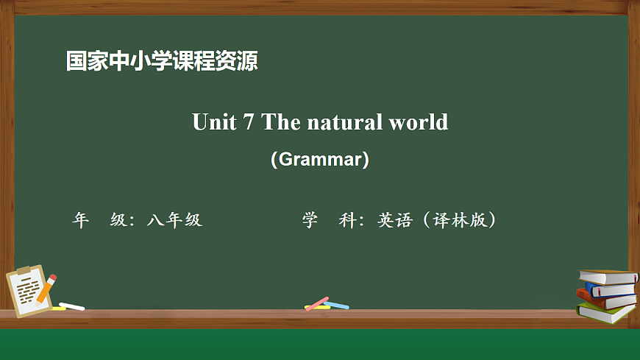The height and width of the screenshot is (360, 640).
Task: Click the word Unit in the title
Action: click(x=212, y=121)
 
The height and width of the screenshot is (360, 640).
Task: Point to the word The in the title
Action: click(x=282, y=121)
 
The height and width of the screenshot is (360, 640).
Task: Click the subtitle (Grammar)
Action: click(x=319, y=159)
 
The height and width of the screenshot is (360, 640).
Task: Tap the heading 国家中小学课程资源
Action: click(x=162, y=60)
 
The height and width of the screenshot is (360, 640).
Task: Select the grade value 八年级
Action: click(x=174, y=220)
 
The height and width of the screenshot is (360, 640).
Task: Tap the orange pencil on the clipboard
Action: click(x=46, y=289)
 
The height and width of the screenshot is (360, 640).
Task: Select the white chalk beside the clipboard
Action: click(x=72, y=306)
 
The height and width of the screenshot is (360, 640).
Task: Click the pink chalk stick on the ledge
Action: click(x=317, y=303)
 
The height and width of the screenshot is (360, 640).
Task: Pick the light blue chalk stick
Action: click(x=337, y=306)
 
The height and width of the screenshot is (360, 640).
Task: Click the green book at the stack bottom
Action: click(x=605, y=312)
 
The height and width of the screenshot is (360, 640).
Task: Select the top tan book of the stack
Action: click(x=608, y=276)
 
